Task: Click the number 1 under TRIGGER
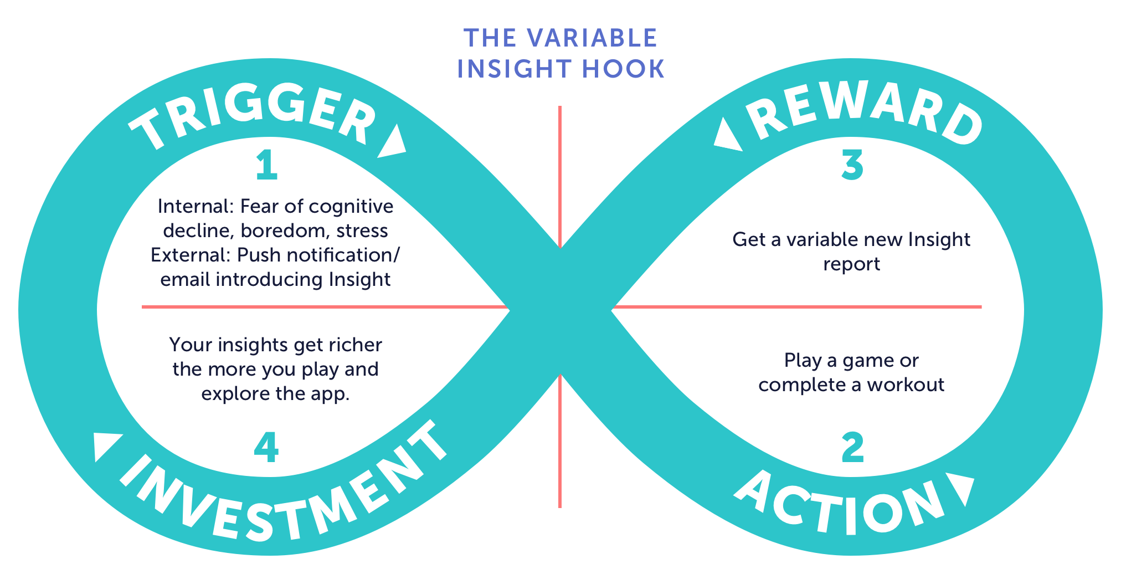pos(266,166)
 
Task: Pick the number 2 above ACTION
pos(852,448)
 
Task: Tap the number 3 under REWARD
pos(852,166)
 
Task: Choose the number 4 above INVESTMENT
pos(266,448)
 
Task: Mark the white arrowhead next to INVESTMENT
pos(107,447)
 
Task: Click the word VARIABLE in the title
pos(592,38)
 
